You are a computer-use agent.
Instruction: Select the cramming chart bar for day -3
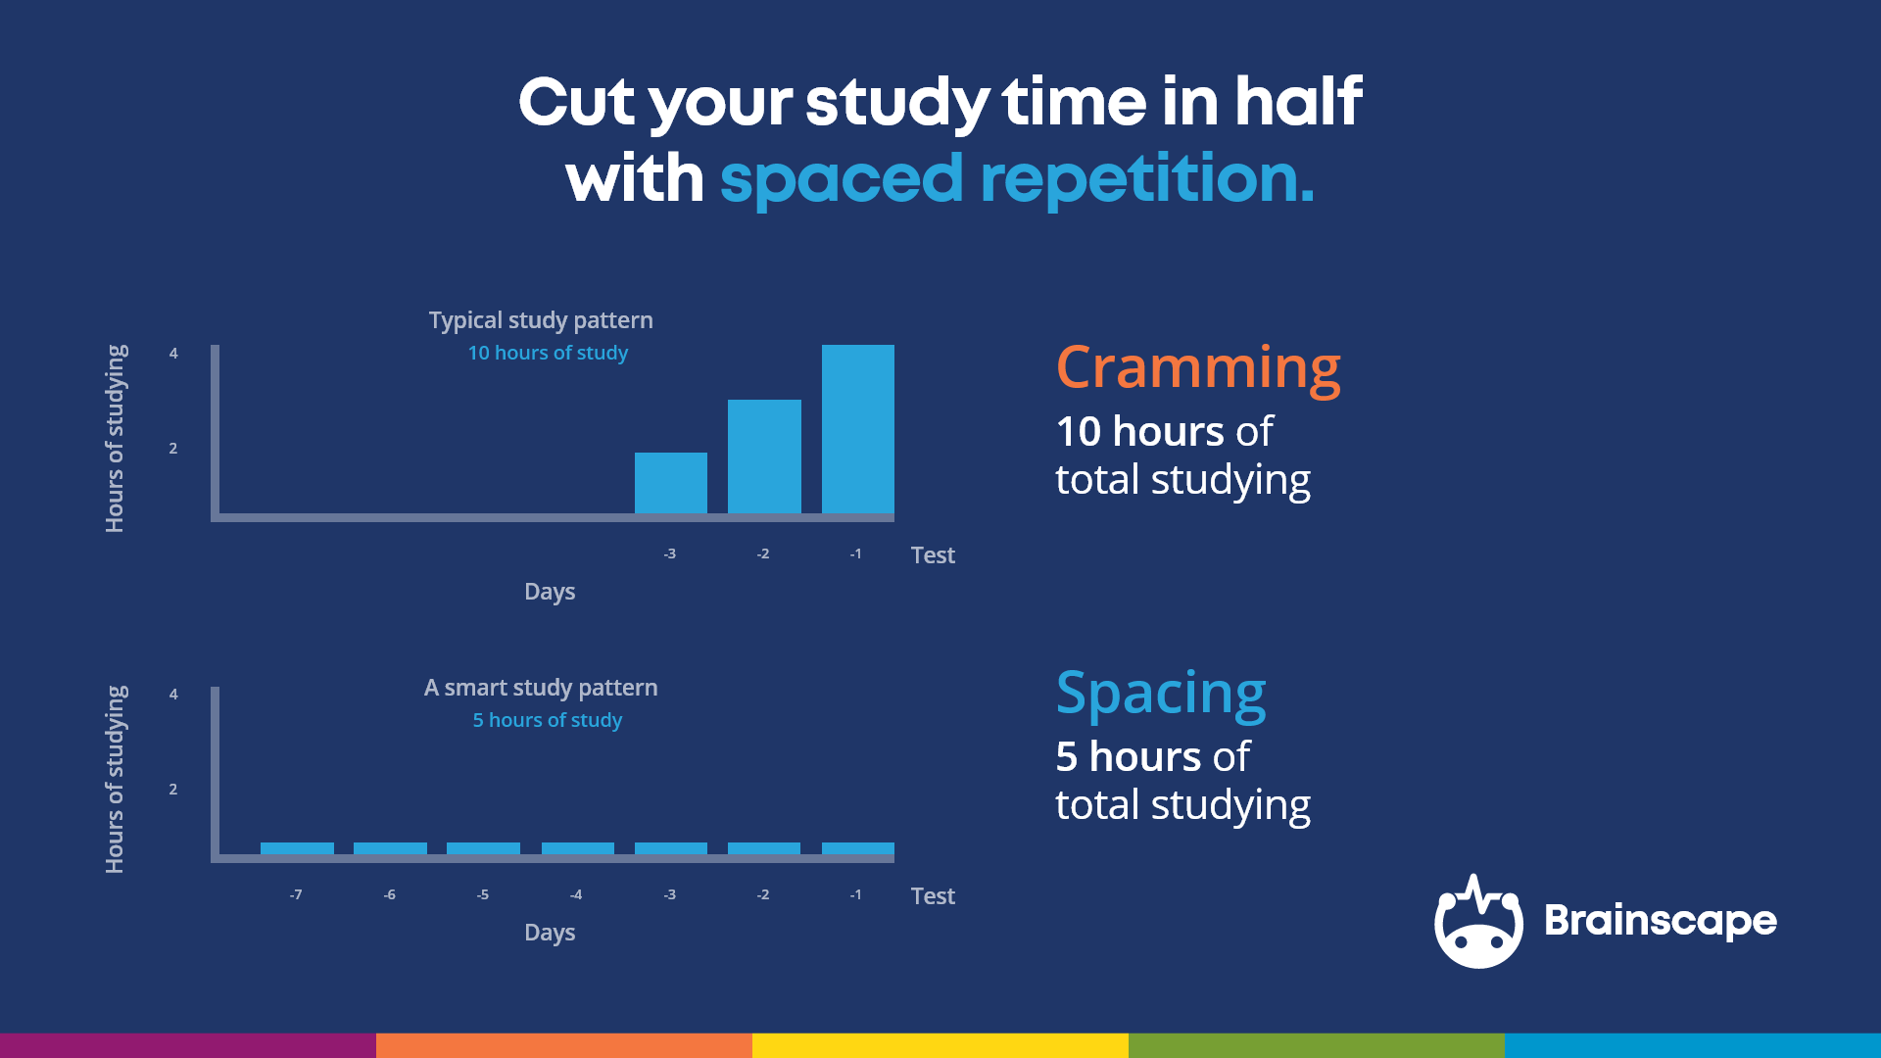click(x=670, y=482)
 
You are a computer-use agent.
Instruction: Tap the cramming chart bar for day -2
click(x=764, y=456)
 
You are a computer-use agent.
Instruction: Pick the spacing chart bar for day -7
click(x=297, y=848)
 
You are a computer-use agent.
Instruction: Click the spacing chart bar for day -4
click(x=577, y=848)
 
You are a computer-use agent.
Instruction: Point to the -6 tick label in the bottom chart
click(x=389, y=894)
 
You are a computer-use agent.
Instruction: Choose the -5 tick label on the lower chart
click(x=482, y=894)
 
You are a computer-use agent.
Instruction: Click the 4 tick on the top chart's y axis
click(x=173, y=354)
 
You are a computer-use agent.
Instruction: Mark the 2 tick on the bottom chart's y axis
click(x=173, y=790)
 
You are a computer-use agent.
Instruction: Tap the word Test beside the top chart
click(x=932, y=555)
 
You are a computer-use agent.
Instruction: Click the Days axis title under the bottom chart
click(x=549, y=932)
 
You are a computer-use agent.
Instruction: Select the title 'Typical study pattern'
click(x=541, y=320)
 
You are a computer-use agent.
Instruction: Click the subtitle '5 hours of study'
click(x=547, y=720)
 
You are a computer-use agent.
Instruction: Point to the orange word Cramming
click(x=1197, y=368)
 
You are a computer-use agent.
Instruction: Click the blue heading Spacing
click(x=1160, y=694)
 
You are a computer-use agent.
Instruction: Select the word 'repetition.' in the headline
click(x=1146, y=179)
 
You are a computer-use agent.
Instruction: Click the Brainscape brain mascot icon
click(x=1477, y=923)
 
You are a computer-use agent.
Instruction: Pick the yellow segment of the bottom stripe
click(x=940, y=1045)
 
